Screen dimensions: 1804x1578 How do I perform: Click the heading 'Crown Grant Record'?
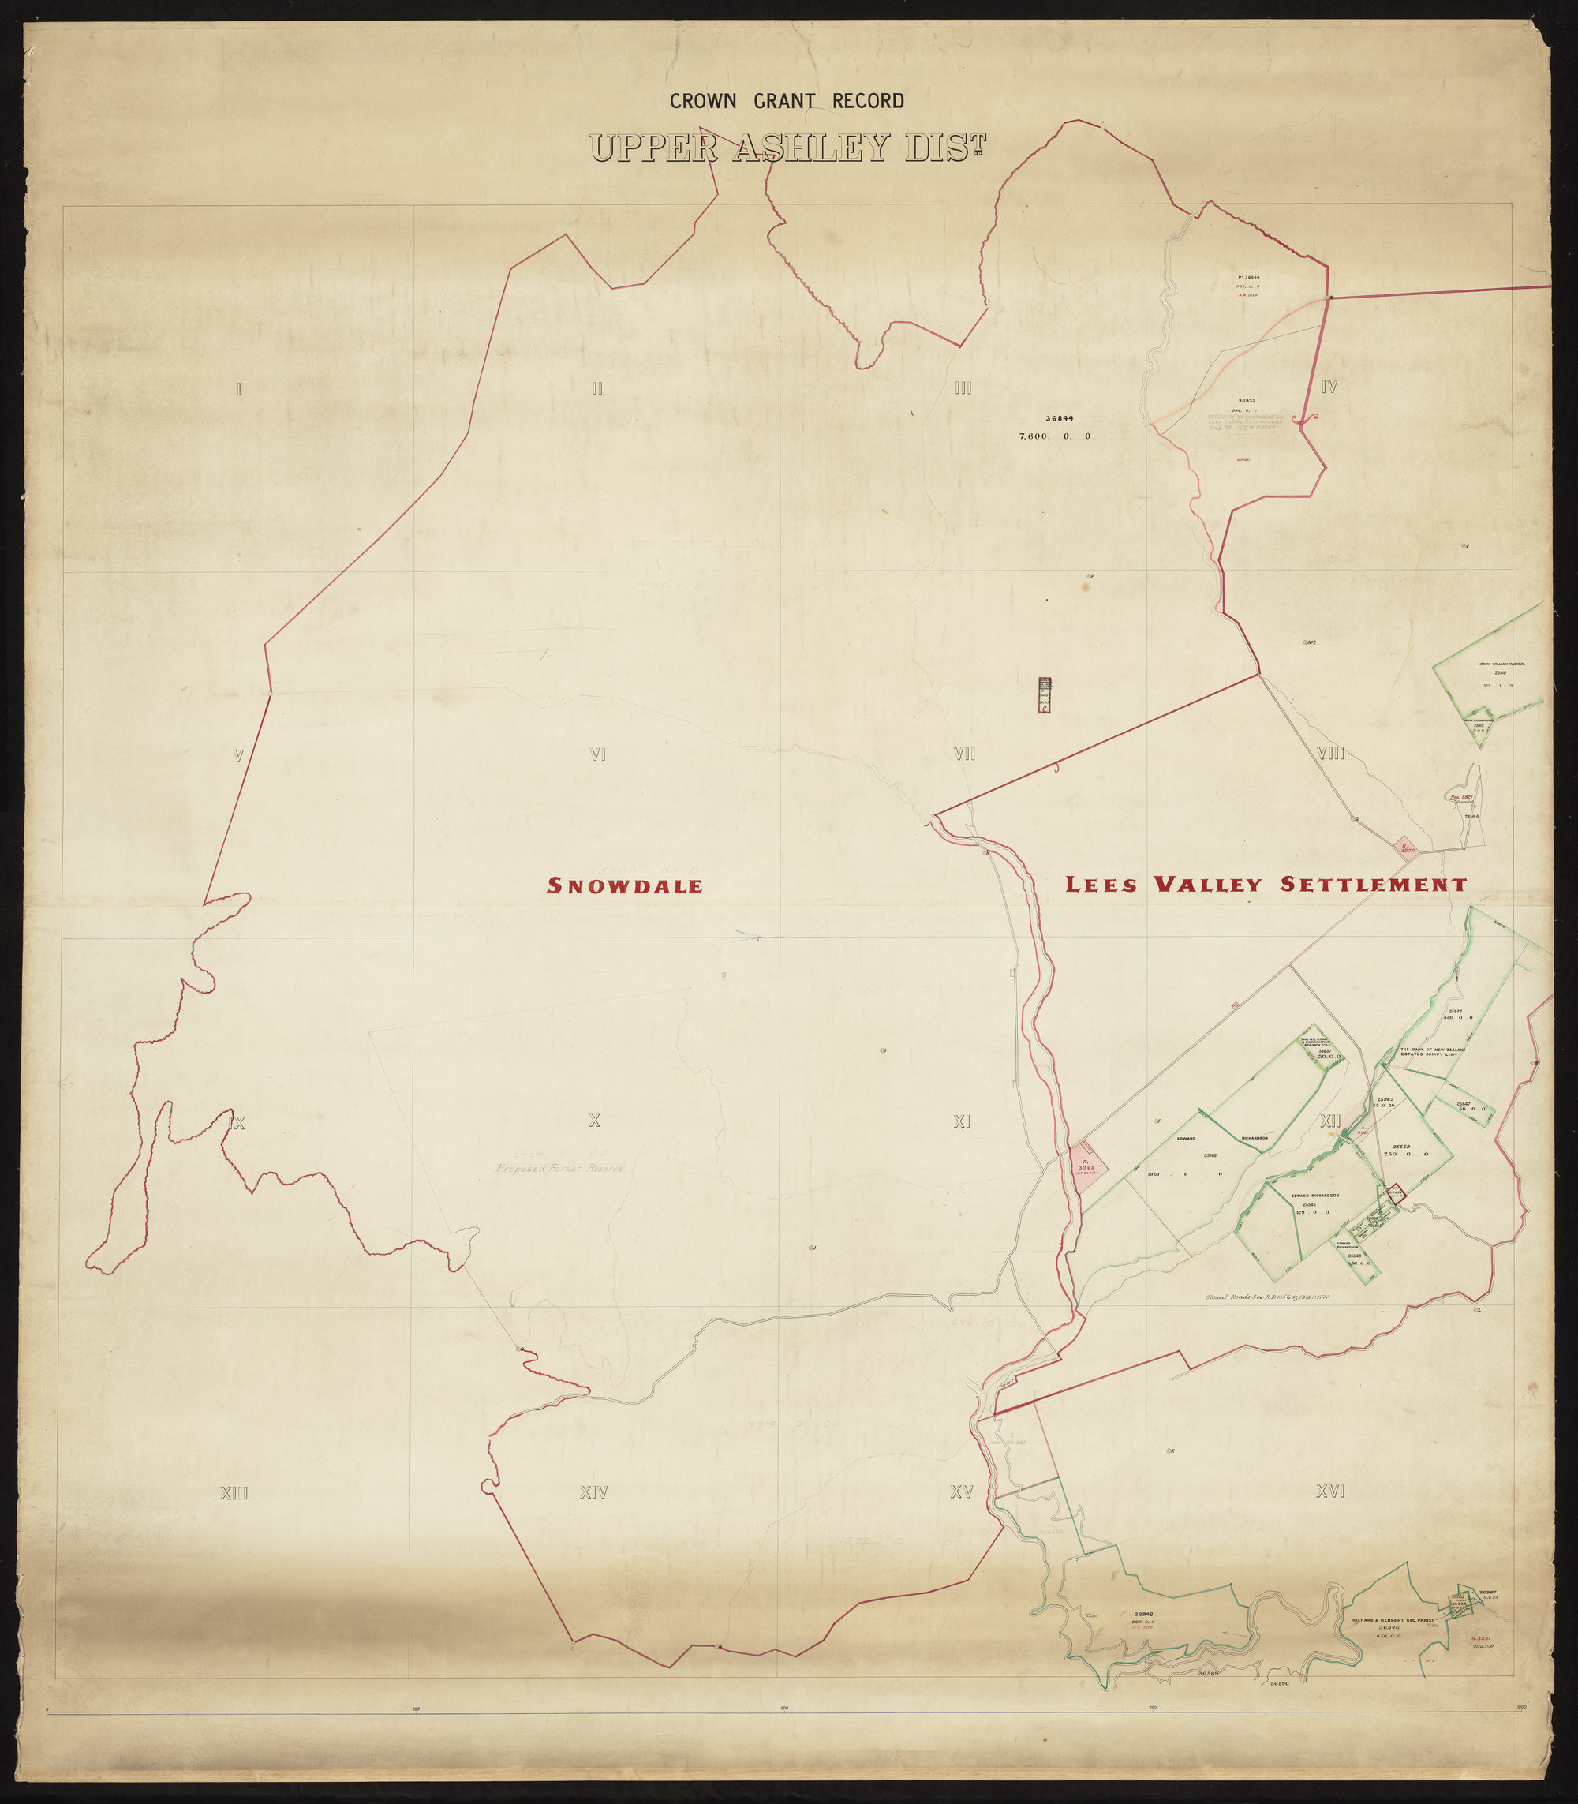coord(787,101)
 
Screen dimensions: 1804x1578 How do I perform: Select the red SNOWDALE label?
coord(624,886)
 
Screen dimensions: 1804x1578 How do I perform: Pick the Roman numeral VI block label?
coord(597,754)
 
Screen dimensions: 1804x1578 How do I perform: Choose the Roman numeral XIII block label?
coord(234,1493)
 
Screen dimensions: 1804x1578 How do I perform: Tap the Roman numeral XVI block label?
coord(1329,1491)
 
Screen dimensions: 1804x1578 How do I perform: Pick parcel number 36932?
coord(1245,401)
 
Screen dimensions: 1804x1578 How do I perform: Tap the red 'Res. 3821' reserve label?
coord(1462,797)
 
